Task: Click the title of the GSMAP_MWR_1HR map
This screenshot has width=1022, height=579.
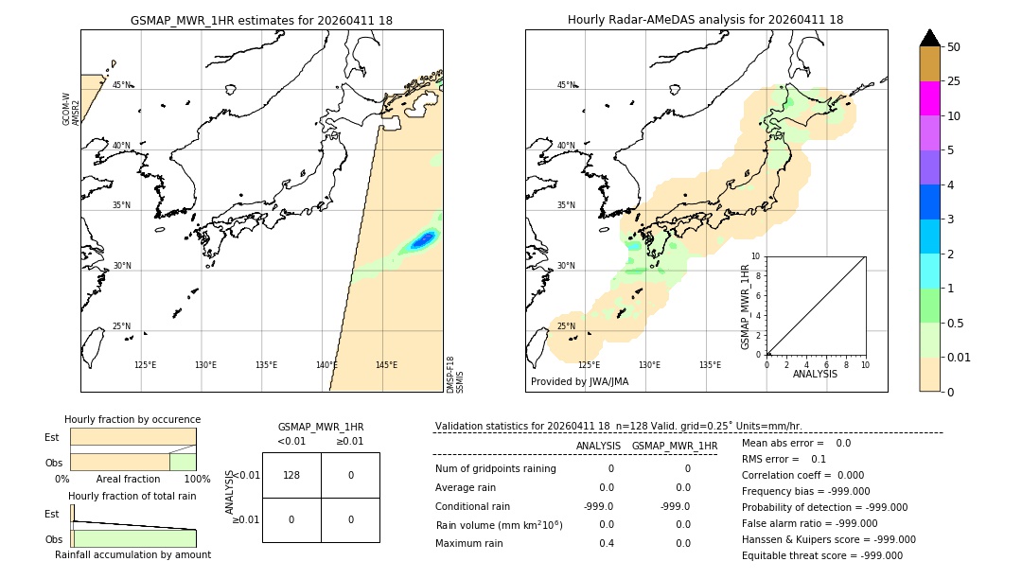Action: (261, 20)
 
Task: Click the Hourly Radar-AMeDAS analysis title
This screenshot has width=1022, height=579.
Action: (705, 20)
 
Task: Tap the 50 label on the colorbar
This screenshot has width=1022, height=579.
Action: (954, 47)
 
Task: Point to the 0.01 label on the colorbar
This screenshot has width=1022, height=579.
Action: (960, 358)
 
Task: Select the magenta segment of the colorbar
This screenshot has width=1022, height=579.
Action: (929, 98)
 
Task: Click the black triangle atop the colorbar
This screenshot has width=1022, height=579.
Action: (929, 38)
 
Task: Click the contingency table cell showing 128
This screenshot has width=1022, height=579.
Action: (291, 475)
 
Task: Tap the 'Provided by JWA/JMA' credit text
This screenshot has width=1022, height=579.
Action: (579, 382)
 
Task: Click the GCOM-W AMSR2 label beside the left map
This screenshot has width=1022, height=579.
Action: (70, 109)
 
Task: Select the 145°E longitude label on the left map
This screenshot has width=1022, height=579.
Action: (385, 365)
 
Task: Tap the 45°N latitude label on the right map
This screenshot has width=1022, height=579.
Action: (566, 85)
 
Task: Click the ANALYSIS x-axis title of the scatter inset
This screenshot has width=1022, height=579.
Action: (815, 375)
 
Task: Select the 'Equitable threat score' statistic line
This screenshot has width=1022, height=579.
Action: (822, 555)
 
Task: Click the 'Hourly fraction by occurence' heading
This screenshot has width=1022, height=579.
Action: (132, 419)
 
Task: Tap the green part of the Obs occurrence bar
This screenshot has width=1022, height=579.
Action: (183, 462)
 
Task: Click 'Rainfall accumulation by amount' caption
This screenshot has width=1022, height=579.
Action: (132, 554)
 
